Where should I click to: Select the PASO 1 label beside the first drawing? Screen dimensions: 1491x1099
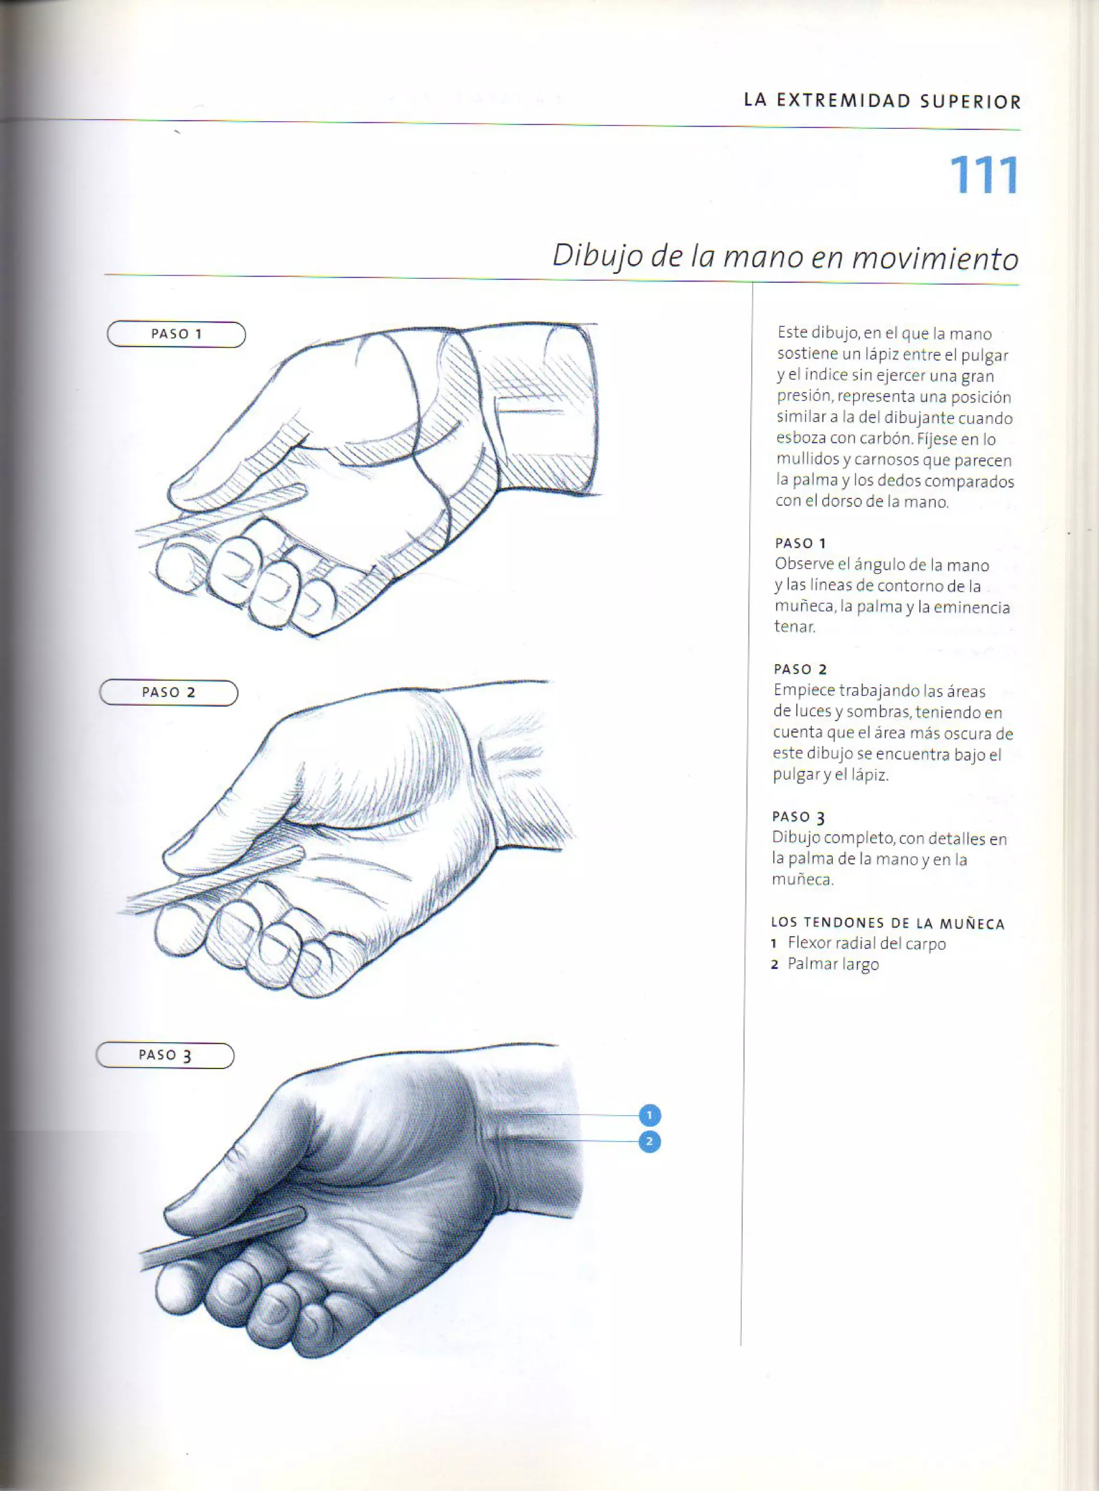point(177,334)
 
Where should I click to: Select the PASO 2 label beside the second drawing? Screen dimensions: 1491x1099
point(168,692)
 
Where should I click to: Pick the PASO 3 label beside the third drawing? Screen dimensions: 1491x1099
point(165,1055)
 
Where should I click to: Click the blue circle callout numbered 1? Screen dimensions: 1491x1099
point(649,1115)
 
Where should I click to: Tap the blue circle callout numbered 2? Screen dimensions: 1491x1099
point(649,1142)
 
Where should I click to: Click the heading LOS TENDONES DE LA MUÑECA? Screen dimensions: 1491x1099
point(888,923)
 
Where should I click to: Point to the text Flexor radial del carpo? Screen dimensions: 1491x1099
point(866,943)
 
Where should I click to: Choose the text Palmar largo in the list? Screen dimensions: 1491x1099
point(833,964)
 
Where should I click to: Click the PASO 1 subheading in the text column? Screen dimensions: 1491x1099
point(800,543)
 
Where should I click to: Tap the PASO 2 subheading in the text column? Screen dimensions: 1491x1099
point(800,669)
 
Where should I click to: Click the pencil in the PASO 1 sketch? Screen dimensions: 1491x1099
point(219,513)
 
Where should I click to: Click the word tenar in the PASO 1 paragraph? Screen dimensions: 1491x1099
point(794,627)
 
